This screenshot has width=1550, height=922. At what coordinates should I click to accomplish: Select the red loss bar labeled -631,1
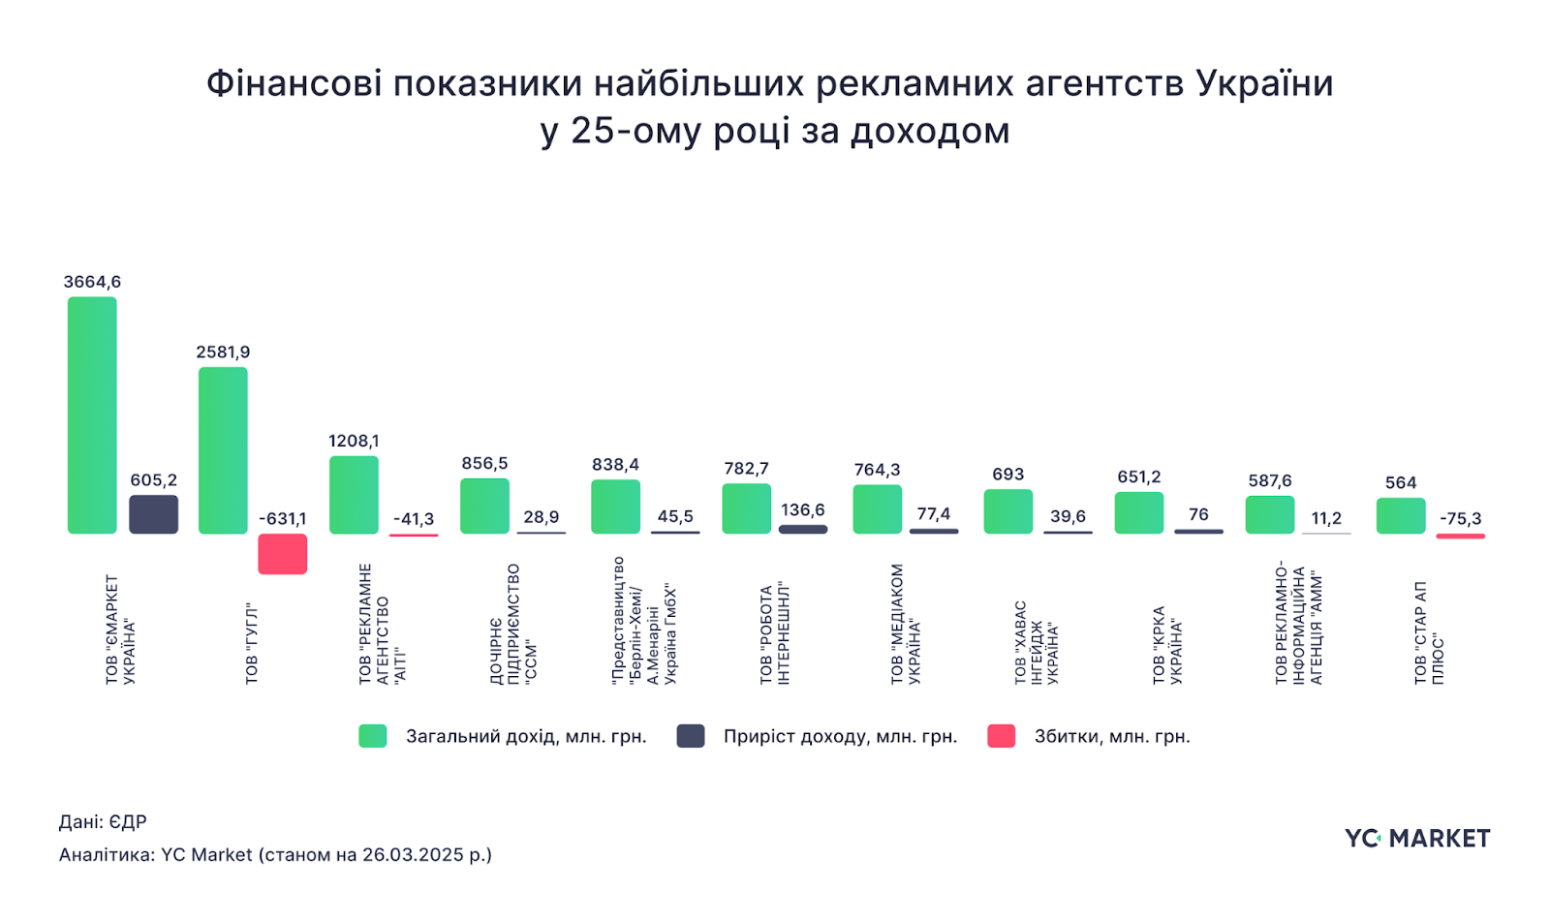pos(282,554)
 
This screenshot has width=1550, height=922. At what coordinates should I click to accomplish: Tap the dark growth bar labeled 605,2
pos(153,514)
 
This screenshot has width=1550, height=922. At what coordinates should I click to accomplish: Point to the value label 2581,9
pos(223,352)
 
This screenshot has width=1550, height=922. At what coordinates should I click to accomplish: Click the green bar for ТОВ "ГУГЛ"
pos(223,450)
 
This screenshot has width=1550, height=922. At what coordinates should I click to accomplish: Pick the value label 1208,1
pos(354,441)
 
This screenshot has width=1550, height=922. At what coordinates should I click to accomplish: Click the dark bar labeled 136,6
pos(803,529)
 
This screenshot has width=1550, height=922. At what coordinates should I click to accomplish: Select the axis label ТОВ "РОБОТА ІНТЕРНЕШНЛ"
pos(774,634)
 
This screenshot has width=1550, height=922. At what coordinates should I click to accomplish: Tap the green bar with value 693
pos(1007,511)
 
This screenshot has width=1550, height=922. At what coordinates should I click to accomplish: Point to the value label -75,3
pos(1460,518)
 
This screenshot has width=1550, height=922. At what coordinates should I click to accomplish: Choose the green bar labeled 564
pos(1401,516)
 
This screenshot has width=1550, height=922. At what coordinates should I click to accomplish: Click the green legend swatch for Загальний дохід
pos(373,736)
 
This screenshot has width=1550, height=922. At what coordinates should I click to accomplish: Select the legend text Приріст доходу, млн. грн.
pos(840,736)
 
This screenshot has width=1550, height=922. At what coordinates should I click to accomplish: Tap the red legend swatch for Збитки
pos(1001,736)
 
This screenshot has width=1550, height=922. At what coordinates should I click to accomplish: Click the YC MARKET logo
pos(1416,839)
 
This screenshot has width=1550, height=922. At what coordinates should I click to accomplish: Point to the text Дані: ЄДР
pos(103,822)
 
